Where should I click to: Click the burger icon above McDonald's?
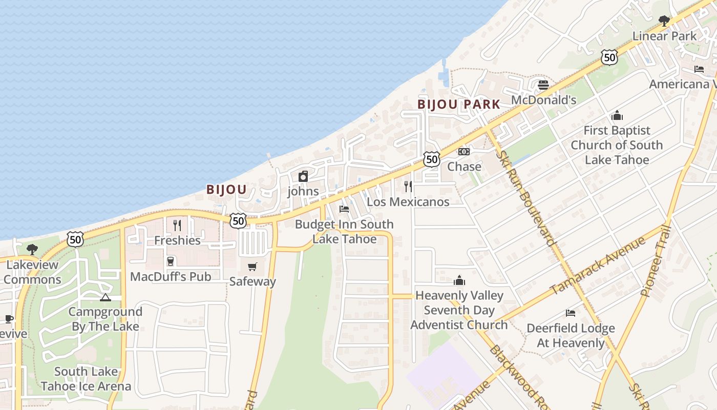coord(543,85)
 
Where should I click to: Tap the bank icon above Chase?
coord(464,152)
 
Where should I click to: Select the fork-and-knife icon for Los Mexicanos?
coord(408,187)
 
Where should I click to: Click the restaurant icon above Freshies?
coord(177,225)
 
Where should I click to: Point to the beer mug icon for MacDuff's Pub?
coord(171,261)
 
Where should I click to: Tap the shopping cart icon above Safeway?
coord(252,266)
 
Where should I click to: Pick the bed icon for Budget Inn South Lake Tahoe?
coord(344,209)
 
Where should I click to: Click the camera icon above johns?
coord(303,176)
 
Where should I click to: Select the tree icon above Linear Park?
coord(664,21)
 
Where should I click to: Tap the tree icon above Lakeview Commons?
coord(32,250)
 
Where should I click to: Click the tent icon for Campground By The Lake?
coord(106,297)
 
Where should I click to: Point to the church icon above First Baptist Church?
coord(617,115)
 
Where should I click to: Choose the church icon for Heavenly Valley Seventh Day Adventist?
coord(459,280)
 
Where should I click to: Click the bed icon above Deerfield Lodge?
coord(571,313)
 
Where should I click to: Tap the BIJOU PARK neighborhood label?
coord(458,105)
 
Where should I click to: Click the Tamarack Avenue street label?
coord(598,265)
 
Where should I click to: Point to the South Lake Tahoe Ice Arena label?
coord(86,379)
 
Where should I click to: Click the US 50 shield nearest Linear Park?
coord(609,57)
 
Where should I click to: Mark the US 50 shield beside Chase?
coord(432,159)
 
